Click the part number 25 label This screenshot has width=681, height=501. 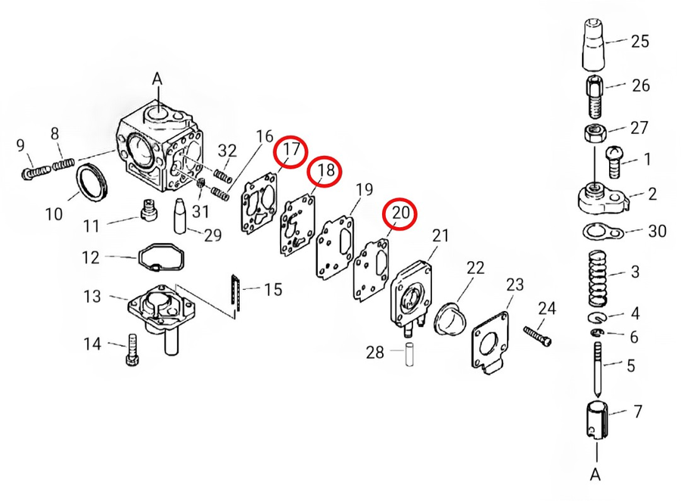coord(639,42)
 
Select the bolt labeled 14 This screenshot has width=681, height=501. coord(132,350)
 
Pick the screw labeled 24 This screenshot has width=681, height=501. coord(538,336)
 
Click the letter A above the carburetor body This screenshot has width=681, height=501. coord(157,79)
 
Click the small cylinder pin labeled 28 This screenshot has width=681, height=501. coord(409,355)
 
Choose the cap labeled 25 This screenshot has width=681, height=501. coord(592,45)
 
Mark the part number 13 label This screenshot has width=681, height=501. coord(92,297)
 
